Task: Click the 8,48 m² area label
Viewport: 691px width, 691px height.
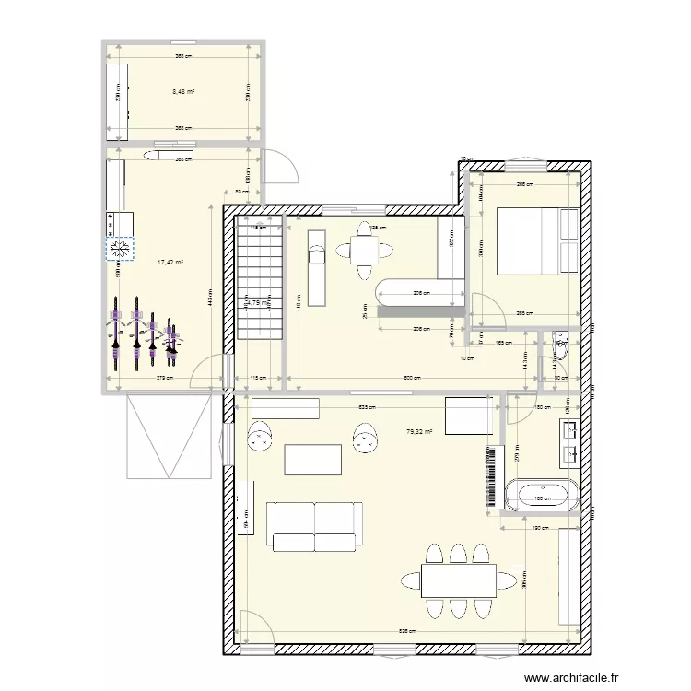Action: tap(183, 91)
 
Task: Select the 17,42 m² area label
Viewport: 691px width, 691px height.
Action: tap(170, 263)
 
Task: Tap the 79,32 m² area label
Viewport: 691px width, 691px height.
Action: tap(419, 430)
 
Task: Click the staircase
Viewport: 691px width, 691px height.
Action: tap(259, 276)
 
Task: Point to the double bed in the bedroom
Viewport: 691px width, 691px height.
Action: tap(536, 241)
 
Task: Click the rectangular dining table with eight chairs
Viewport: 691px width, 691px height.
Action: tap(459, 580)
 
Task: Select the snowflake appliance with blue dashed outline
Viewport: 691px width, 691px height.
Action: tap(120, 248)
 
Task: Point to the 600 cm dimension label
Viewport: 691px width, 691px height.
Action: tap(411, 377)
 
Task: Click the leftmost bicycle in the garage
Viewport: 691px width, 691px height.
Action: tap(116, 331)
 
